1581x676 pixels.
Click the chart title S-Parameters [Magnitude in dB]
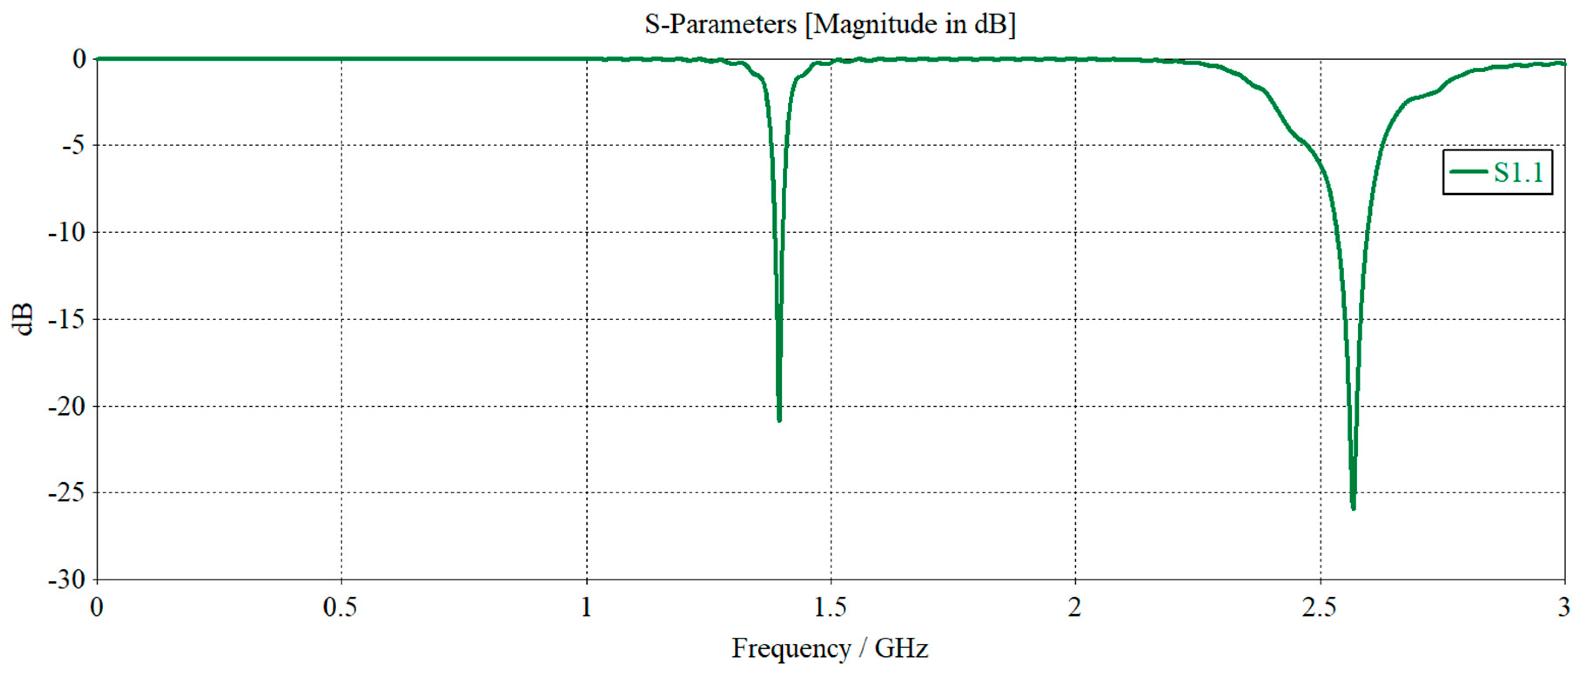[830, 24]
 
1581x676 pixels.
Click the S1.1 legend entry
[1497, 172]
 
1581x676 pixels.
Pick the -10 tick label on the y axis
[67, 232]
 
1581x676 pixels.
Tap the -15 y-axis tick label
[67, 320]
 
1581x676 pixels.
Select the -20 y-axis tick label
[67, 407]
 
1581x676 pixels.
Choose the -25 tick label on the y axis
[67, 492]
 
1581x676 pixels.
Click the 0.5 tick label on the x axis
[340, 607]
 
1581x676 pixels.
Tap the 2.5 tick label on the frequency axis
[1320, 607]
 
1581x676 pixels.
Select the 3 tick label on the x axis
[1563, 607]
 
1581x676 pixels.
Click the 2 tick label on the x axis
[1074, 607]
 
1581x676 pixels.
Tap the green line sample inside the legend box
[1469, 172]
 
